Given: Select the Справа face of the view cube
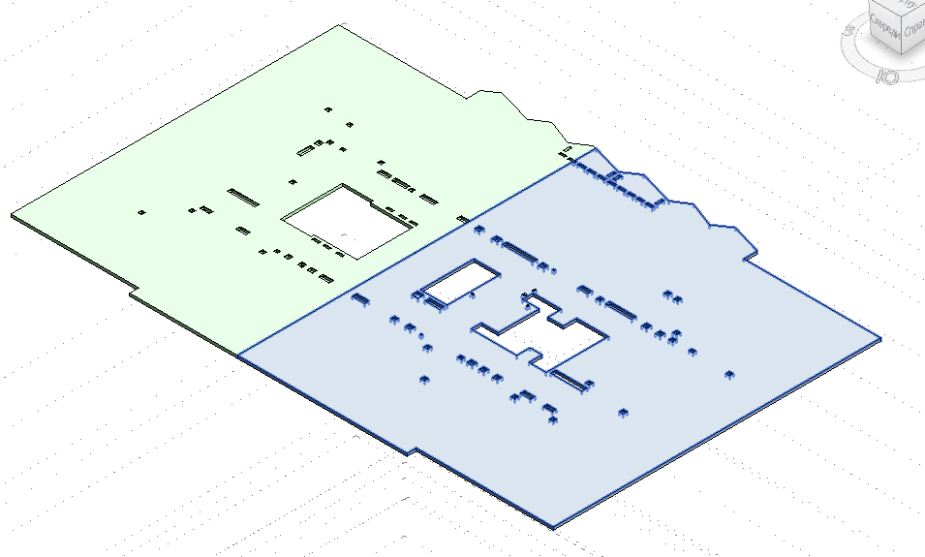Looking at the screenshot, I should [x=912, y=29].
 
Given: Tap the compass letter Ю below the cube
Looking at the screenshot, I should [x=885, y=74].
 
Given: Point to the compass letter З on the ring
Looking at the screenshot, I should [x=849, y=30].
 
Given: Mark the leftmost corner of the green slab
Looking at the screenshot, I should [x=13, y=215].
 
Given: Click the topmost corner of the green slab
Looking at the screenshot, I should [x=340, y=25].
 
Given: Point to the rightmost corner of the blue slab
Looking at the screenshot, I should [x=880, y=339].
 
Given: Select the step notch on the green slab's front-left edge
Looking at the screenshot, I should [x=135, y=288].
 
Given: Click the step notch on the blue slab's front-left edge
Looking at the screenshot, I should [x=411, y=451].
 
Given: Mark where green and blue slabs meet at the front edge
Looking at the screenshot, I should [x=238, y=354].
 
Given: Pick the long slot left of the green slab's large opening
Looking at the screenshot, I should [x=243, y=198].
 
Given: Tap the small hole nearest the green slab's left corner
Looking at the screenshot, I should [x=142, y=211].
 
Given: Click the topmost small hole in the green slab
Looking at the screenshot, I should [x=329, y=110].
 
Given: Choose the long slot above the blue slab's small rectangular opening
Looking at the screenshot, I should [x=520, y=253].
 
